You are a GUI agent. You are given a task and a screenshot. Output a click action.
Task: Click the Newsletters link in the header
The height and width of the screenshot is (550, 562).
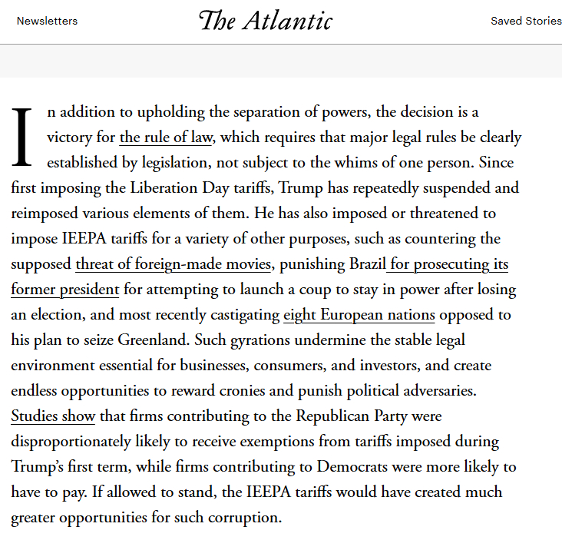(x=47, y=21)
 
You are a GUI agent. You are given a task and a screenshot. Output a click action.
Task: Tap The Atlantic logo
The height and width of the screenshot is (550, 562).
(x=266, y=21)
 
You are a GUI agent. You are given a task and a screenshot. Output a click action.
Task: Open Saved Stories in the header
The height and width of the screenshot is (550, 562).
(x=526, y=21)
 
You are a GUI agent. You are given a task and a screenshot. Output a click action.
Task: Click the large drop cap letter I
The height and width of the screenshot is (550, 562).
(x=22, y=137)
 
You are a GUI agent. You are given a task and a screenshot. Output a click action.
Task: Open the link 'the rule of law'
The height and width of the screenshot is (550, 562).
(x=166, y=137)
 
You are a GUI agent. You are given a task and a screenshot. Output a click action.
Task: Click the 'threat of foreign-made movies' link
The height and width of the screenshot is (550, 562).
(x=174, y=264)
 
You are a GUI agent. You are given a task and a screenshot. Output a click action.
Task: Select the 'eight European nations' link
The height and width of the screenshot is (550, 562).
(x=359, y=315)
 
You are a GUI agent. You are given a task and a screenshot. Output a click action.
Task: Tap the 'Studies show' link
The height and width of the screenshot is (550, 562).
(x=53, y=416)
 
